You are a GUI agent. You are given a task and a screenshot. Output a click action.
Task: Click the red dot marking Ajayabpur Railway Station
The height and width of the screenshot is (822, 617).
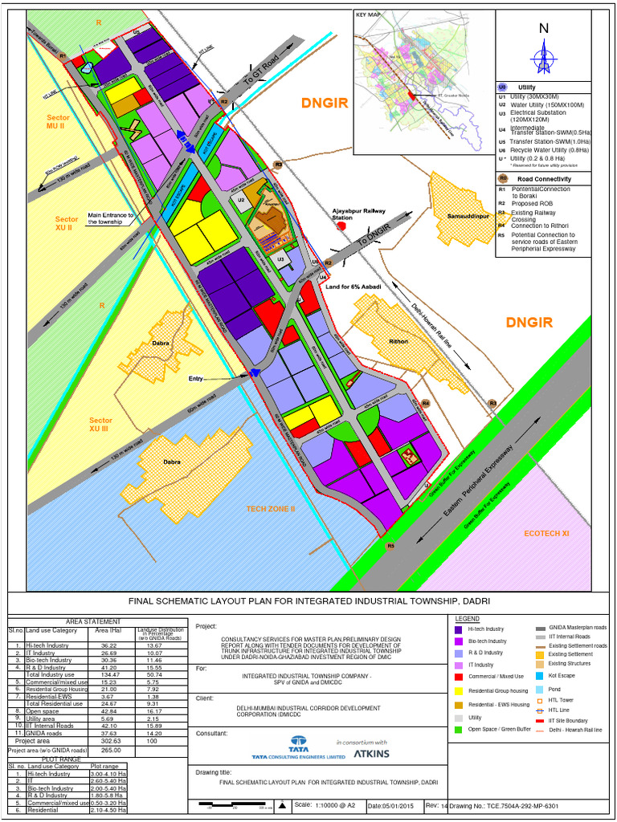tap(341, 227)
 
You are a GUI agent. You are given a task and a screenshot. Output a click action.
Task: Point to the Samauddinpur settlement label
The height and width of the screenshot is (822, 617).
tap(462, 217)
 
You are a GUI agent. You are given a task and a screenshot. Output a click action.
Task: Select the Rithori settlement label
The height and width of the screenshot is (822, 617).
tap(398, 341)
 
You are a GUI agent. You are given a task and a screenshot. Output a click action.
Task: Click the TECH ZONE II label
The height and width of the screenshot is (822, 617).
tap(272, 509)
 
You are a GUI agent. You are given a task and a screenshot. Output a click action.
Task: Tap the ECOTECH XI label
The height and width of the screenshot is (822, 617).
tap(546, 533)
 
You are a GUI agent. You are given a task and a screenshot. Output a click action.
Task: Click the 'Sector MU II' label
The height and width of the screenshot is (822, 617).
tap(59, 121)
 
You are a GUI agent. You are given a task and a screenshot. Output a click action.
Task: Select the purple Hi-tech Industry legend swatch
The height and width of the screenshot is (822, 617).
tap(458, 629)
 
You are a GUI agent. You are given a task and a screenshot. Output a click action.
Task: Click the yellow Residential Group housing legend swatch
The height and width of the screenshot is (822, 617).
tap(458, 690)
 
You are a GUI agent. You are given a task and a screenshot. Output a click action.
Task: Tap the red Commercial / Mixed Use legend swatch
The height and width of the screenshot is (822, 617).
tap(458, 678)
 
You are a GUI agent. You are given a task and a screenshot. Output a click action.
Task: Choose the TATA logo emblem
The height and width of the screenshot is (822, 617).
tap(299, 743)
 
